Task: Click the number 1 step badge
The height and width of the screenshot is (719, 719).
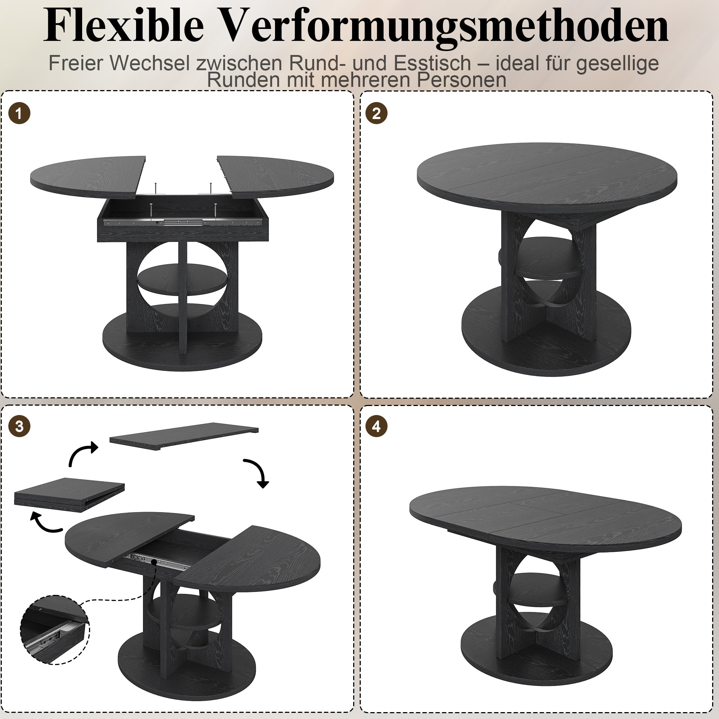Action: pyautogui.click(x=19, y=113)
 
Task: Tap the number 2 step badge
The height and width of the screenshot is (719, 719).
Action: pyautogui.click(x=376, y=113)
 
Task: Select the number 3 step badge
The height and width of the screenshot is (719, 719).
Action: pyautogui.click(x=19, y=427)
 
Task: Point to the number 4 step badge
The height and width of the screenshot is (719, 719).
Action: pyautogui.click(x=376, y=427)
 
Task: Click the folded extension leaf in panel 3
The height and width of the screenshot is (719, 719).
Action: pyautogui.click(x=69, y=495)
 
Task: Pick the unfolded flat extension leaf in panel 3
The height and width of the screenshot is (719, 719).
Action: pyautogui.click(x=184, y=436)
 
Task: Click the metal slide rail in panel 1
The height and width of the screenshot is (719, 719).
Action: pyautogui.click(x=181, y=222)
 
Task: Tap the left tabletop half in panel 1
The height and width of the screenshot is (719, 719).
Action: pyautogui.click(x=88, y=177)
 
